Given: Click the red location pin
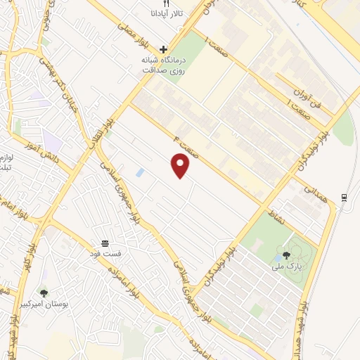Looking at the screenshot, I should pyautogui.click(x=181, y=166).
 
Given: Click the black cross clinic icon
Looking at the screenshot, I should pyautogui.click(x=164, y=49).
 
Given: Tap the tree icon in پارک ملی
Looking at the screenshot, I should pyautogui.click(x=286, y=255).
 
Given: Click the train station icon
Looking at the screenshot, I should pyautogui.click(x=343, y=197).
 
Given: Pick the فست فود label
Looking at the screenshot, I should pyautogui.click(x=105, y=252).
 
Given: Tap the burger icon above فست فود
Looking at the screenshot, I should pyautogui.click(x=105, y=241).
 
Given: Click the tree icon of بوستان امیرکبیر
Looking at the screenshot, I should pyautogui.click(x=44, y=292).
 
